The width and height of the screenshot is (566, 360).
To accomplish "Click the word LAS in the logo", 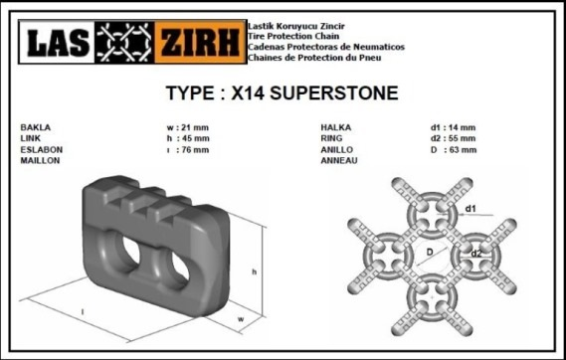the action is [x=58, y=42].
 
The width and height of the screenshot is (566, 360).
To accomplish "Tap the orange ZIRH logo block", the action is [x=201, y=42].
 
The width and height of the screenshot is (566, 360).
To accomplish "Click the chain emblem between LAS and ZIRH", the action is [x=124, y=42].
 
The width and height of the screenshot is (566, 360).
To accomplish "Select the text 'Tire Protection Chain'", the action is [x=293, y=36].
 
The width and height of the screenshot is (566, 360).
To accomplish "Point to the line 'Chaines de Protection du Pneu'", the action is [x=314, y=58].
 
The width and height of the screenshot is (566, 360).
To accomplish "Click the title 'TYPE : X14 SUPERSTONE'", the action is [x=282, y=93].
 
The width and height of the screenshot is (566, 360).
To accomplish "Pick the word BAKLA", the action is [x=36, y=127].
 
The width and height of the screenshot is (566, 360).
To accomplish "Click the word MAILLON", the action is [x=40, y=160].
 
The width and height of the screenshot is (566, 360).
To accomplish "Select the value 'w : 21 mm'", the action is [x=188, y=127].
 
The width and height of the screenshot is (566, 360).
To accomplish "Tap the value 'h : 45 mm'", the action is [x=188, y=138].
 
